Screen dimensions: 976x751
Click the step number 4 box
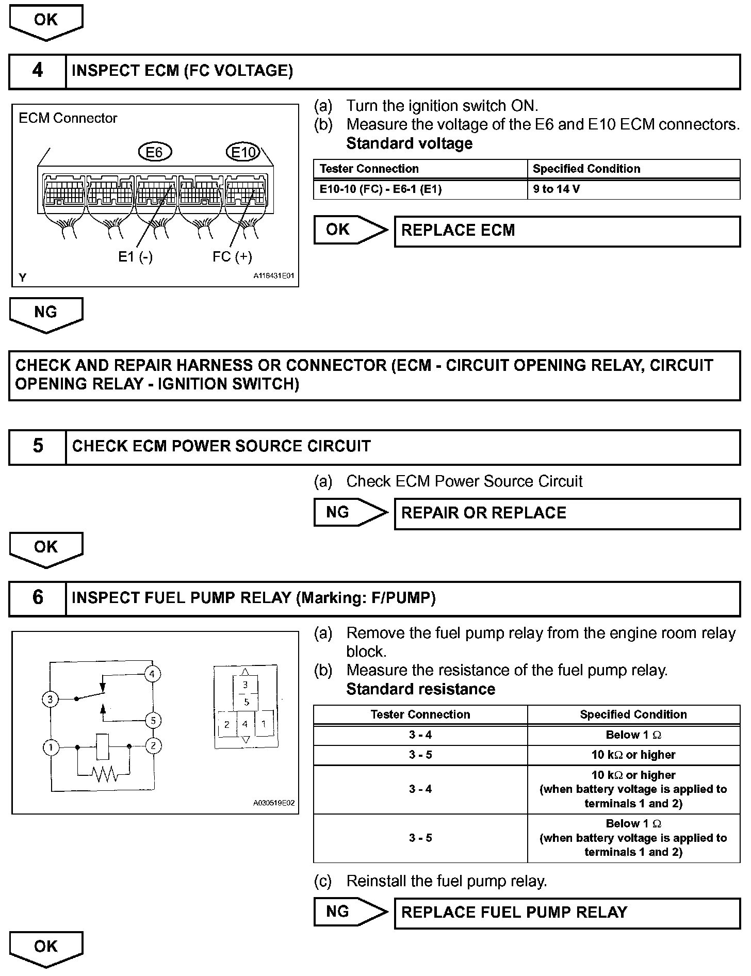click(x=38, y=71)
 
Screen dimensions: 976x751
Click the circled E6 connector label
click(x=155, y=152)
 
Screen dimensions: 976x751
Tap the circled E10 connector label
click(x=242, y=152)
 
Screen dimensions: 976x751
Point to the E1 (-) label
click(x=135, y=256)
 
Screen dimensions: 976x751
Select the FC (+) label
click(x=232, y=256)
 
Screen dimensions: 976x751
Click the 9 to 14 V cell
click(x=633, y=189)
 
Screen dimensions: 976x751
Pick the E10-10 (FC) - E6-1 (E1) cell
click(x=420, y=189)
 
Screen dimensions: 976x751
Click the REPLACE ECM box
click(x=567, y=231)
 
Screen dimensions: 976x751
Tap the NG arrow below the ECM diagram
click(x=46, y=314)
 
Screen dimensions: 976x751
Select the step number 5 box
click(x=38, y=447)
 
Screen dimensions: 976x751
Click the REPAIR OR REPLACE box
click(x=567, y=513)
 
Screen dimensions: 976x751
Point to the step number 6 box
click(x=38, y=598)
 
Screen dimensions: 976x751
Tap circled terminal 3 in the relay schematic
click(x=50, y=700)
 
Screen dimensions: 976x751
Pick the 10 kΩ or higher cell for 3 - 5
click(x=633, y=755)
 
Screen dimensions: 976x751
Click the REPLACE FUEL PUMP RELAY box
click(x=567, y=913)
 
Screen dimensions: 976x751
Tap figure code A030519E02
click(x=273, y=803)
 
